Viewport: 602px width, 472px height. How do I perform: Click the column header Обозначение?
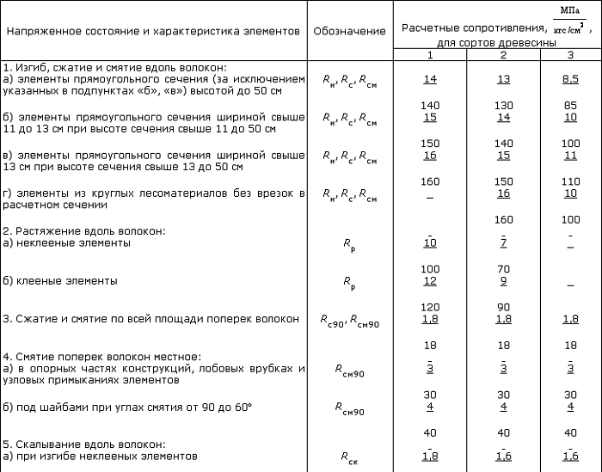point(349,31)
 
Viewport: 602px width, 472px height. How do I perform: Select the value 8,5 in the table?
point(570,79)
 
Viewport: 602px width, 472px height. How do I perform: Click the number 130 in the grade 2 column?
point(503,103)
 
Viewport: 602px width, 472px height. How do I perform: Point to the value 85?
point(570,103)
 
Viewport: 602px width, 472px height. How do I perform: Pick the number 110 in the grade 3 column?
point(570,181)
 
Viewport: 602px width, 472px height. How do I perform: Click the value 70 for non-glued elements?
point(503,269)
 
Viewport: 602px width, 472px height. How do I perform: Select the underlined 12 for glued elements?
point(430,280)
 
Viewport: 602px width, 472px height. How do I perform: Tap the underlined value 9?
point(503,280)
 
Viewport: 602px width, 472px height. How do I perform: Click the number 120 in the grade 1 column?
point(430,307)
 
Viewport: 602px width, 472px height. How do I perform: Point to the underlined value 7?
point(503,243)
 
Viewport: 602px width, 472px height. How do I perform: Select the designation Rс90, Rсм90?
point(349,320)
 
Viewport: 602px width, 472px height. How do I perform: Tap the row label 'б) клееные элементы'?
point(59,280)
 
